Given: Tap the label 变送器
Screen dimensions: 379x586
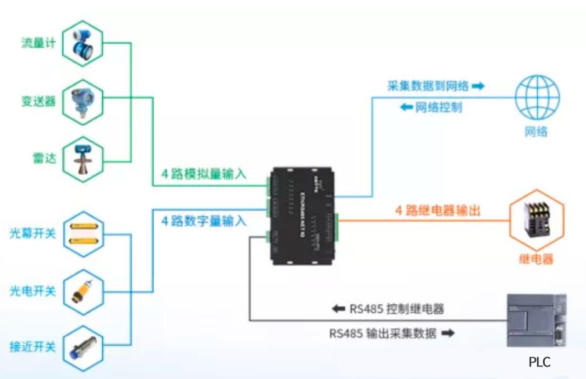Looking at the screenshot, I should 39,101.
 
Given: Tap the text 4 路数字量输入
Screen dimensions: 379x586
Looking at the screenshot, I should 204,221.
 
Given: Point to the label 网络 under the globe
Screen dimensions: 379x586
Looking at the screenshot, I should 536,132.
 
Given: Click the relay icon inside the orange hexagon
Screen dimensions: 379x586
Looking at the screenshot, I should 536,221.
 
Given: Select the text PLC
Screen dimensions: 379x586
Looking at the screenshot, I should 539,361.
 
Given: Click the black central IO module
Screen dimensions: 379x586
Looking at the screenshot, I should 303,215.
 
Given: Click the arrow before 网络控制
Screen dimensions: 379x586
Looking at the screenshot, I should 405,107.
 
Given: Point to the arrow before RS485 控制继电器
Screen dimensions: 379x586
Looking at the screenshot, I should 338,308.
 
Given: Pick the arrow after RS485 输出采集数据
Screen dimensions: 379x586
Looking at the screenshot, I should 447,333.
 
